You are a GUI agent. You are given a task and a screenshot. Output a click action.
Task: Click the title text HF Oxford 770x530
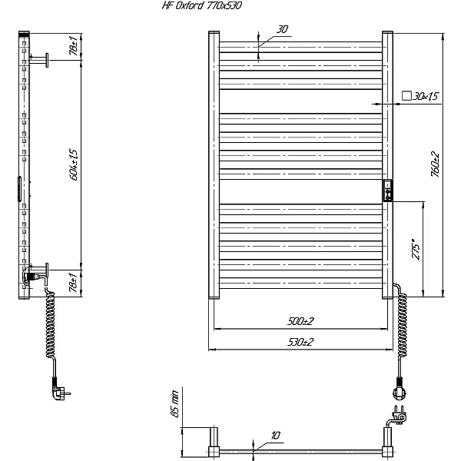[x=201, y=5]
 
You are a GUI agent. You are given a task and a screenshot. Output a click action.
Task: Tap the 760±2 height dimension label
[x=435, y=164]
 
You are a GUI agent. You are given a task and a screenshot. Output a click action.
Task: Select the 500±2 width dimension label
[x=300, y=320]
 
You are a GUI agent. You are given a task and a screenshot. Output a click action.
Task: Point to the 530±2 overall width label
[x=300, y=342]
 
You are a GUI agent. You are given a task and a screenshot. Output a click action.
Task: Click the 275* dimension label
[x=416, y=249]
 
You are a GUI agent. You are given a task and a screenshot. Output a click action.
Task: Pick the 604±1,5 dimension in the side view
[x=74, y=164]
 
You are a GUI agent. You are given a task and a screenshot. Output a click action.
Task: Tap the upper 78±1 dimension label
[x=73, y=46]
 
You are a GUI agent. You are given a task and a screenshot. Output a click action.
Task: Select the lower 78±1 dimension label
[x=73, y=282]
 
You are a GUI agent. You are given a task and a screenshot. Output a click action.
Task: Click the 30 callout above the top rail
[x=282, y=29]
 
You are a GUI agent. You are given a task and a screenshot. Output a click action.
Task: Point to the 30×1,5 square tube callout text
[x=426, y=96]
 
